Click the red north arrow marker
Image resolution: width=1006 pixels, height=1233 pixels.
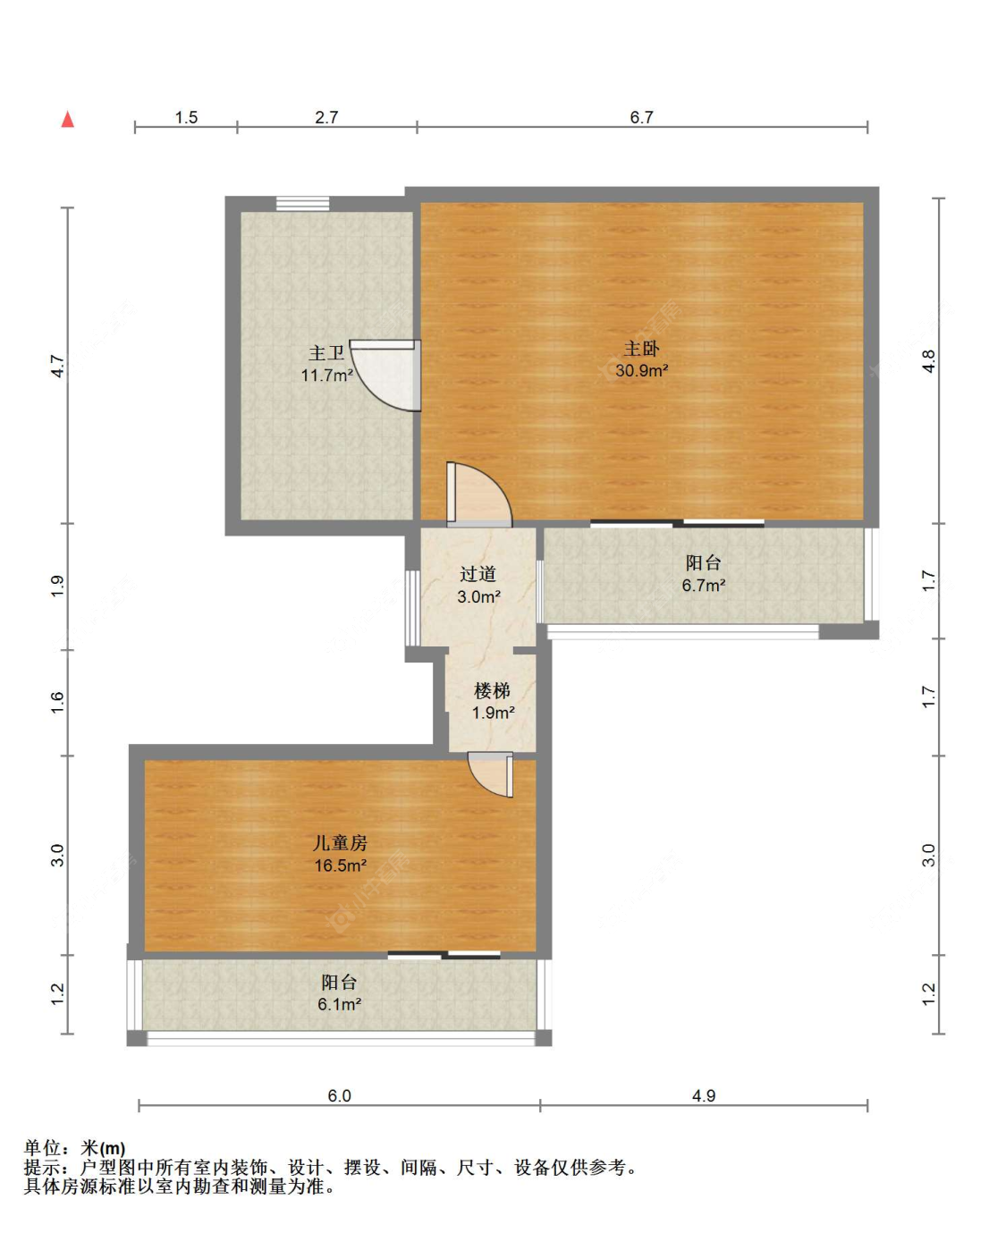(x=68, y=119)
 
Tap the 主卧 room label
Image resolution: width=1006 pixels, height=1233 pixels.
(x=641, y=349)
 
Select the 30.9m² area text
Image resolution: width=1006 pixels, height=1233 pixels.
(x=641, y=371)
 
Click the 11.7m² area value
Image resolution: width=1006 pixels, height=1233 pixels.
(x=326, y=375)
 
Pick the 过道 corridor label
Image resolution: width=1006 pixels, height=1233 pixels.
(x=478, y=573)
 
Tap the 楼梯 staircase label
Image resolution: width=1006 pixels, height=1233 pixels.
(x=492, y=690)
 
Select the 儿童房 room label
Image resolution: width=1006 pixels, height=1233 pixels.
(x=340, y=842)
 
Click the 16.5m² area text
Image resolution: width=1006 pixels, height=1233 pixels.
(x=340, y=866)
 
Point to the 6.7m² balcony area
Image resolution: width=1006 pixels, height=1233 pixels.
(x=703, y=585)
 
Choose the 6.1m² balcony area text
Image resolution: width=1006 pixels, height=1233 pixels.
(x=339, y=1004)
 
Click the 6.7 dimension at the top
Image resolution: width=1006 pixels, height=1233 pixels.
(x=641, y=117)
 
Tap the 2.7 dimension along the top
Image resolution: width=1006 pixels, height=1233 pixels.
(x=326, y=117)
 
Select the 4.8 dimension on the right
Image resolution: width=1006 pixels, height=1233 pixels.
(x=929, y=360)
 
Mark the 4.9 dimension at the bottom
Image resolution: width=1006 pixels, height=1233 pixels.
(x=704, y=1095)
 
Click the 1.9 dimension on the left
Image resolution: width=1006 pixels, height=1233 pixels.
(x=57, y=587)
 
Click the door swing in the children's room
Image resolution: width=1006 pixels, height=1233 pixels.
(x=491, y=774)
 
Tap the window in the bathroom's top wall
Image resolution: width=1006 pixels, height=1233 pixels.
(x=302, y=204)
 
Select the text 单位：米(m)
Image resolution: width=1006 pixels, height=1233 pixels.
(x=74, y=1148)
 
